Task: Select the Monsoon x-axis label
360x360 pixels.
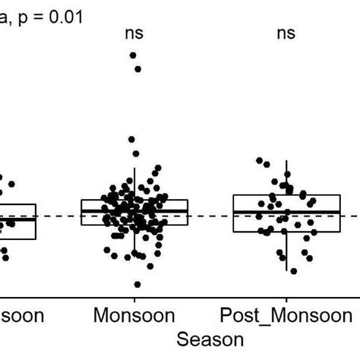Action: [x=134, y=315]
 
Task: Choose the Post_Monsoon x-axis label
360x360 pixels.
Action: [x=286, y=315]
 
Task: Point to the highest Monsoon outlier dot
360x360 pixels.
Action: [x=134, y=55]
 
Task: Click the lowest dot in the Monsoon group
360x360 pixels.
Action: [x=137, y=284]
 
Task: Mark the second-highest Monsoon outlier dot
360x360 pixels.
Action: [x=138, y=69]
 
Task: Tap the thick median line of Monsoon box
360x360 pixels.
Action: [x=134, y=210]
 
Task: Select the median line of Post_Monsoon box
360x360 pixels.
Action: [x=286, y=212]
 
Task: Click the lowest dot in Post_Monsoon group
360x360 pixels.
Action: [x=293, y=270]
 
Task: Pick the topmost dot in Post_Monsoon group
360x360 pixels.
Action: [x=260, y=160]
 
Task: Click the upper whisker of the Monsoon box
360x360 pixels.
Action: [x=134, y=182]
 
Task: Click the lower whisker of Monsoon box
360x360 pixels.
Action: [x=134, y=243]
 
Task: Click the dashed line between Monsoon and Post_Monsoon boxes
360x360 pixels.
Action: [x=210, y=216]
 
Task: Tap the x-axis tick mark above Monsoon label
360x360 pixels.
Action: [x=134, y=298]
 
